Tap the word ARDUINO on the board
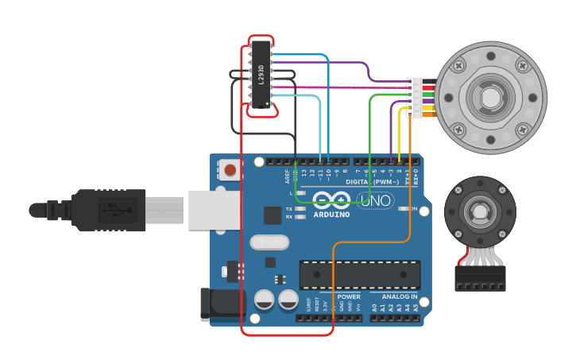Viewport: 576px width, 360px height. [x=331, y=214]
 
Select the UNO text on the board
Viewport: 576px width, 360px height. [x=375, y=201]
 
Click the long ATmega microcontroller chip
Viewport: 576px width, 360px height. [x=359, y=274]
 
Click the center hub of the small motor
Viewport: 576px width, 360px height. [x=480, y=212]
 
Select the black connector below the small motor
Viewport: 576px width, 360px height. [x=480, y=278]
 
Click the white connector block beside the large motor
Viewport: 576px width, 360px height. [x=414, y=97]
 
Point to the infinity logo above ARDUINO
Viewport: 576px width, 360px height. [x=331, y=199]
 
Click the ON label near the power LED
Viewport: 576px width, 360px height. [x=413, y=208]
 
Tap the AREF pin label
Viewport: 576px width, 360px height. [x=288, y=176]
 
